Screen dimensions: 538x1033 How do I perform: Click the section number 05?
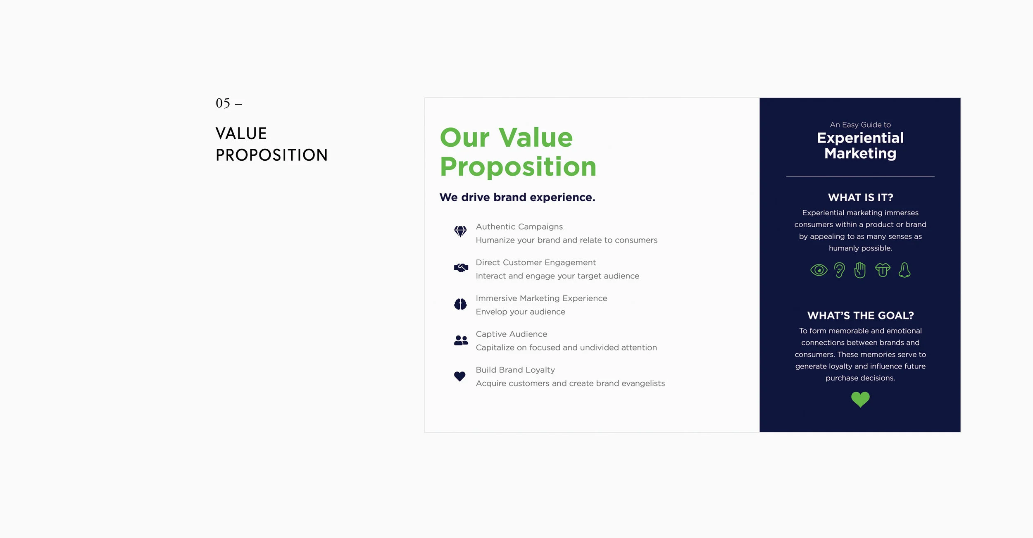[x=223, y=103]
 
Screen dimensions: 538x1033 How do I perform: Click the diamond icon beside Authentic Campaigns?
[x=460, y=231]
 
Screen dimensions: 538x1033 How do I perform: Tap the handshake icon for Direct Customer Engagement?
[x=461, y=268]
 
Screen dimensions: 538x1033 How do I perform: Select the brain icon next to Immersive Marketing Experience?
[x=460, y=304]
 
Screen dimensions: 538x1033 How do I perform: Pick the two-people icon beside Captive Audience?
[x=461, y=340]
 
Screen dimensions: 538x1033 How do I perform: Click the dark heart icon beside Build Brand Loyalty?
[x=459, y=376]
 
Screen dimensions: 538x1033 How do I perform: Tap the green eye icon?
[x=819, y=270]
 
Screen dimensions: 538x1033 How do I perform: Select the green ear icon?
[x=839, y=270]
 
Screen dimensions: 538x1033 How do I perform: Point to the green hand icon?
[x=860, y=270]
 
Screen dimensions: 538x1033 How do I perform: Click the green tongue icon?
[x=883, y=270]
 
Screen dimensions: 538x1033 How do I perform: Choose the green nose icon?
[x=904, y=270]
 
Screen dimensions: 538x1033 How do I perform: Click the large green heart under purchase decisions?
[x=860, y=399]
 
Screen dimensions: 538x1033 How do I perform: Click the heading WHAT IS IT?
[x=860, y=198]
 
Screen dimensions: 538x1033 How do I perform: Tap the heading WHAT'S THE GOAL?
[x=860, y=316]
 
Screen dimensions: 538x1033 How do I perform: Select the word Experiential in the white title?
[x=860, y=138]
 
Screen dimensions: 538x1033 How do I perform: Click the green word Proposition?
[x=518, y=167]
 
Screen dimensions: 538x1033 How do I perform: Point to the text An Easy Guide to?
[x=860, y=125]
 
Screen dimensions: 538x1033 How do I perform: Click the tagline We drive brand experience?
[x=517, y=198]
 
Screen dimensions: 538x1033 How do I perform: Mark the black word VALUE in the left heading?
[x=241, y=134]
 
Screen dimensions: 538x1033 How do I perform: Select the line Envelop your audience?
[x=520, y=312]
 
